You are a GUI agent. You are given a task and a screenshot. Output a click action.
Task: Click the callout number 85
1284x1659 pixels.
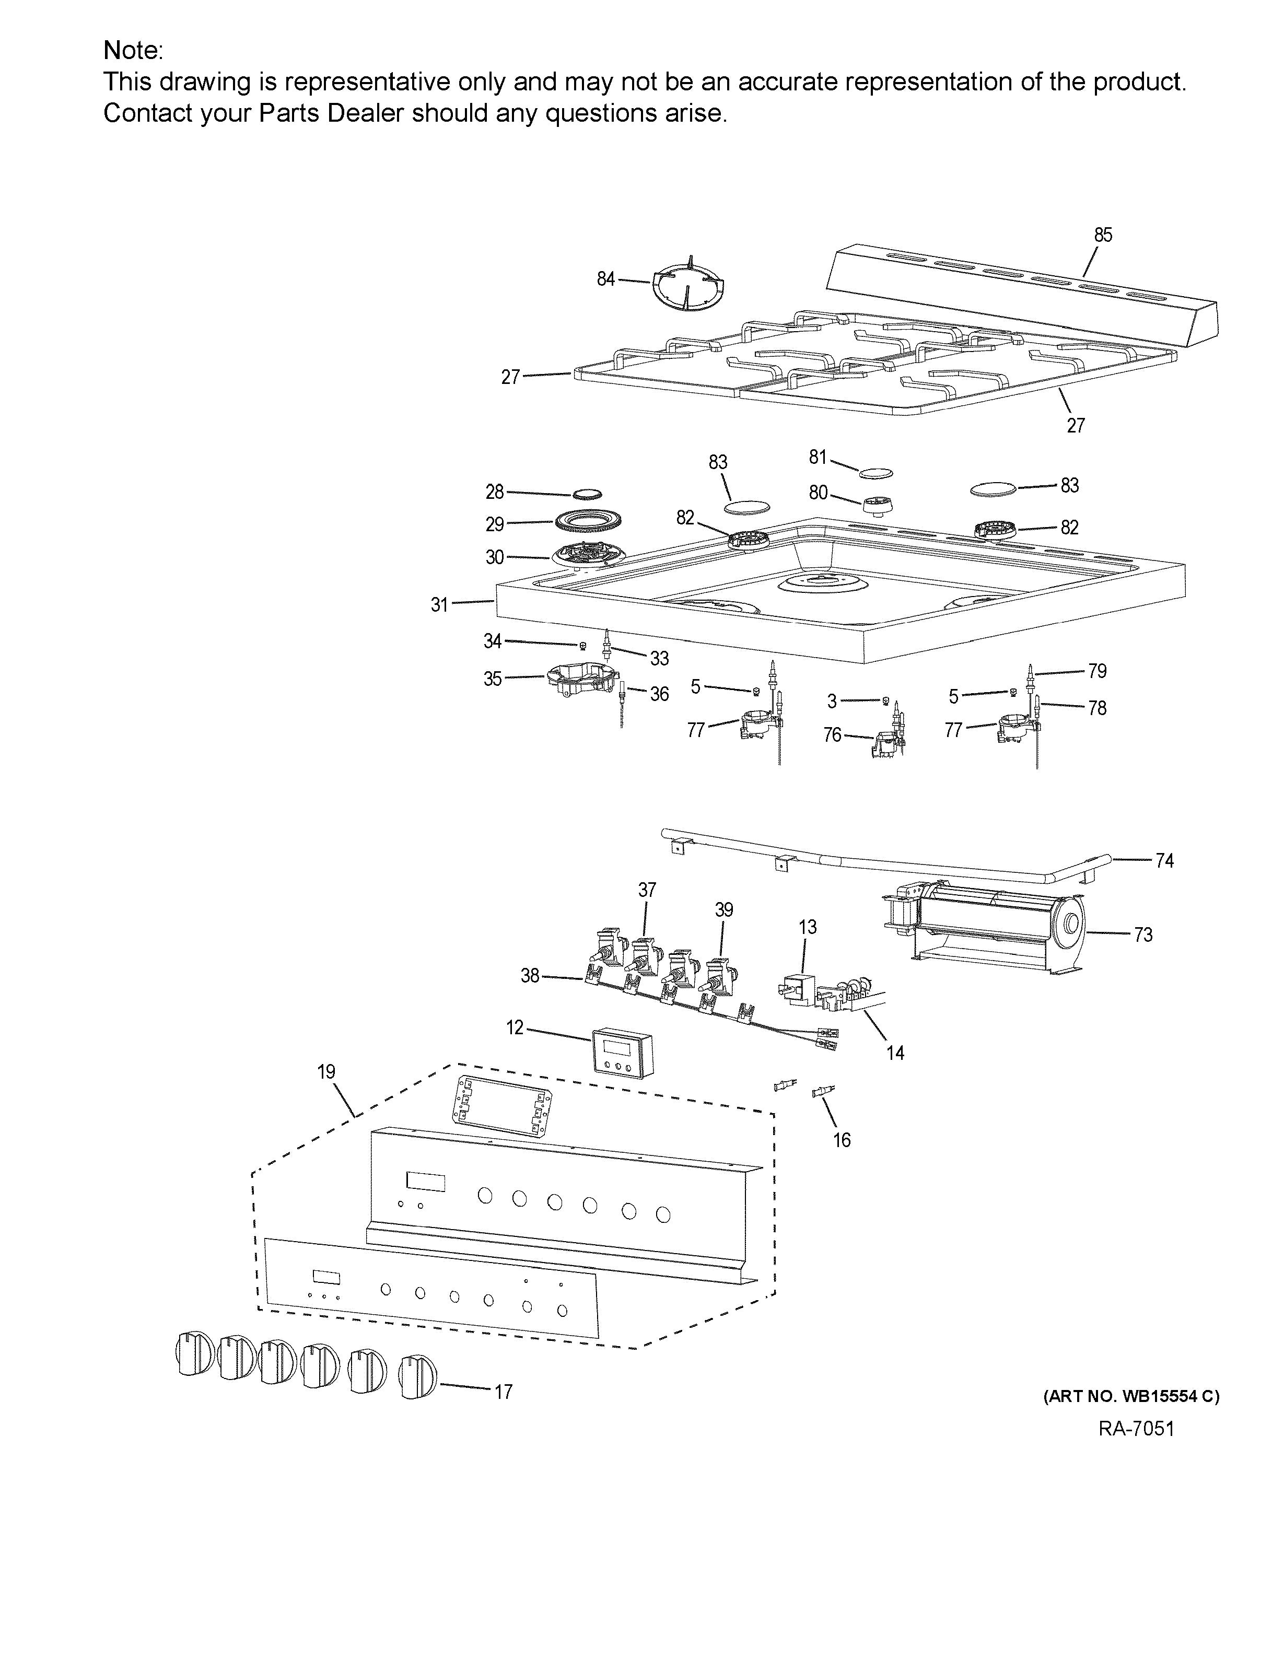[1102, 236]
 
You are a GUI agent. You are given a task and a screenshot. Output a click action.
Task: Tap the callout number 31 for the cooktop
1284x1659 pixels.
[439, 605]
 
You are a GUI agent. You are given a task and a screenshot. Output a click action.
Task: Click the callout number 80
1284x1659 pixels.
[818, 493]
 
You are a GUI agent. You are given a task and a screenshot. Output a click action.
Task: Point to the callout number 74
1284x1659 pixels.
[1164, 861]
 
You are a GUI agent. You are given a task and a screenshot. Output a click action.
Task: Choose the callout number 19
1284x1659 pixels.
[326, 1072]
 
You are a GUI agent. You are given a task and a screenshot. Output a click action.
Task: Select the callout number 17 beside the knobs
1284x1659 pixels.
[503, 1392]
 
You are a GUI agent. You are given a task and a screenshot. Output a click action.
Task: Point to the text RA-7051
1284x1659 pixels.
[1136, 1429]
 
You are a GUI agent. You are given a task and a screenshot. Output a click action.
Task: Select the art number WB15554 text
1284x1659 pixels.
[1130, 1395]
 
